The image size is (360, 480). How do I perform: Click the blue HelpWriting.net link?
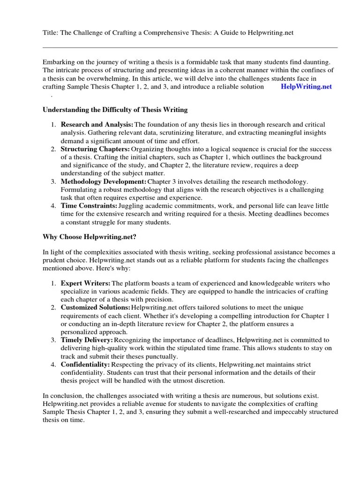point(306,87)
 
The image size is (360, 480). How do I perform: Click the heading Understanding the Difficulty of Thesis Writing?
point(115,110)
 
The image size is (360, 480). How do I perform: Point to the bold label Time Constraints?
point(89,206)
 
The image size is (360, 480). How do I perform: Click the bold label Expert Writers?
point(86,283)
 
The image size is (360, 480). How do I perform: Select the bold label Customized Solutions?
point(96,307)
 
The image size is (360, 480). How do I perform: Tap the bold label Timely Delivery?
point(87,339)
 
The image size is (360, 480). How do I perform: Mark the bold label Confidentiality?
point(85,364)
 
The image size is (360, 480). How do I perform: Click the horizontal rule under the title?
point(190,47)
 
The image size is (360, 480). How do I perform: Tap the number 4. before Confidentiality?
point(53,364)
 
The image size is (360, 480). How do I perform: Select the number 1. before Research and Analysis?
point(53,124)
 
